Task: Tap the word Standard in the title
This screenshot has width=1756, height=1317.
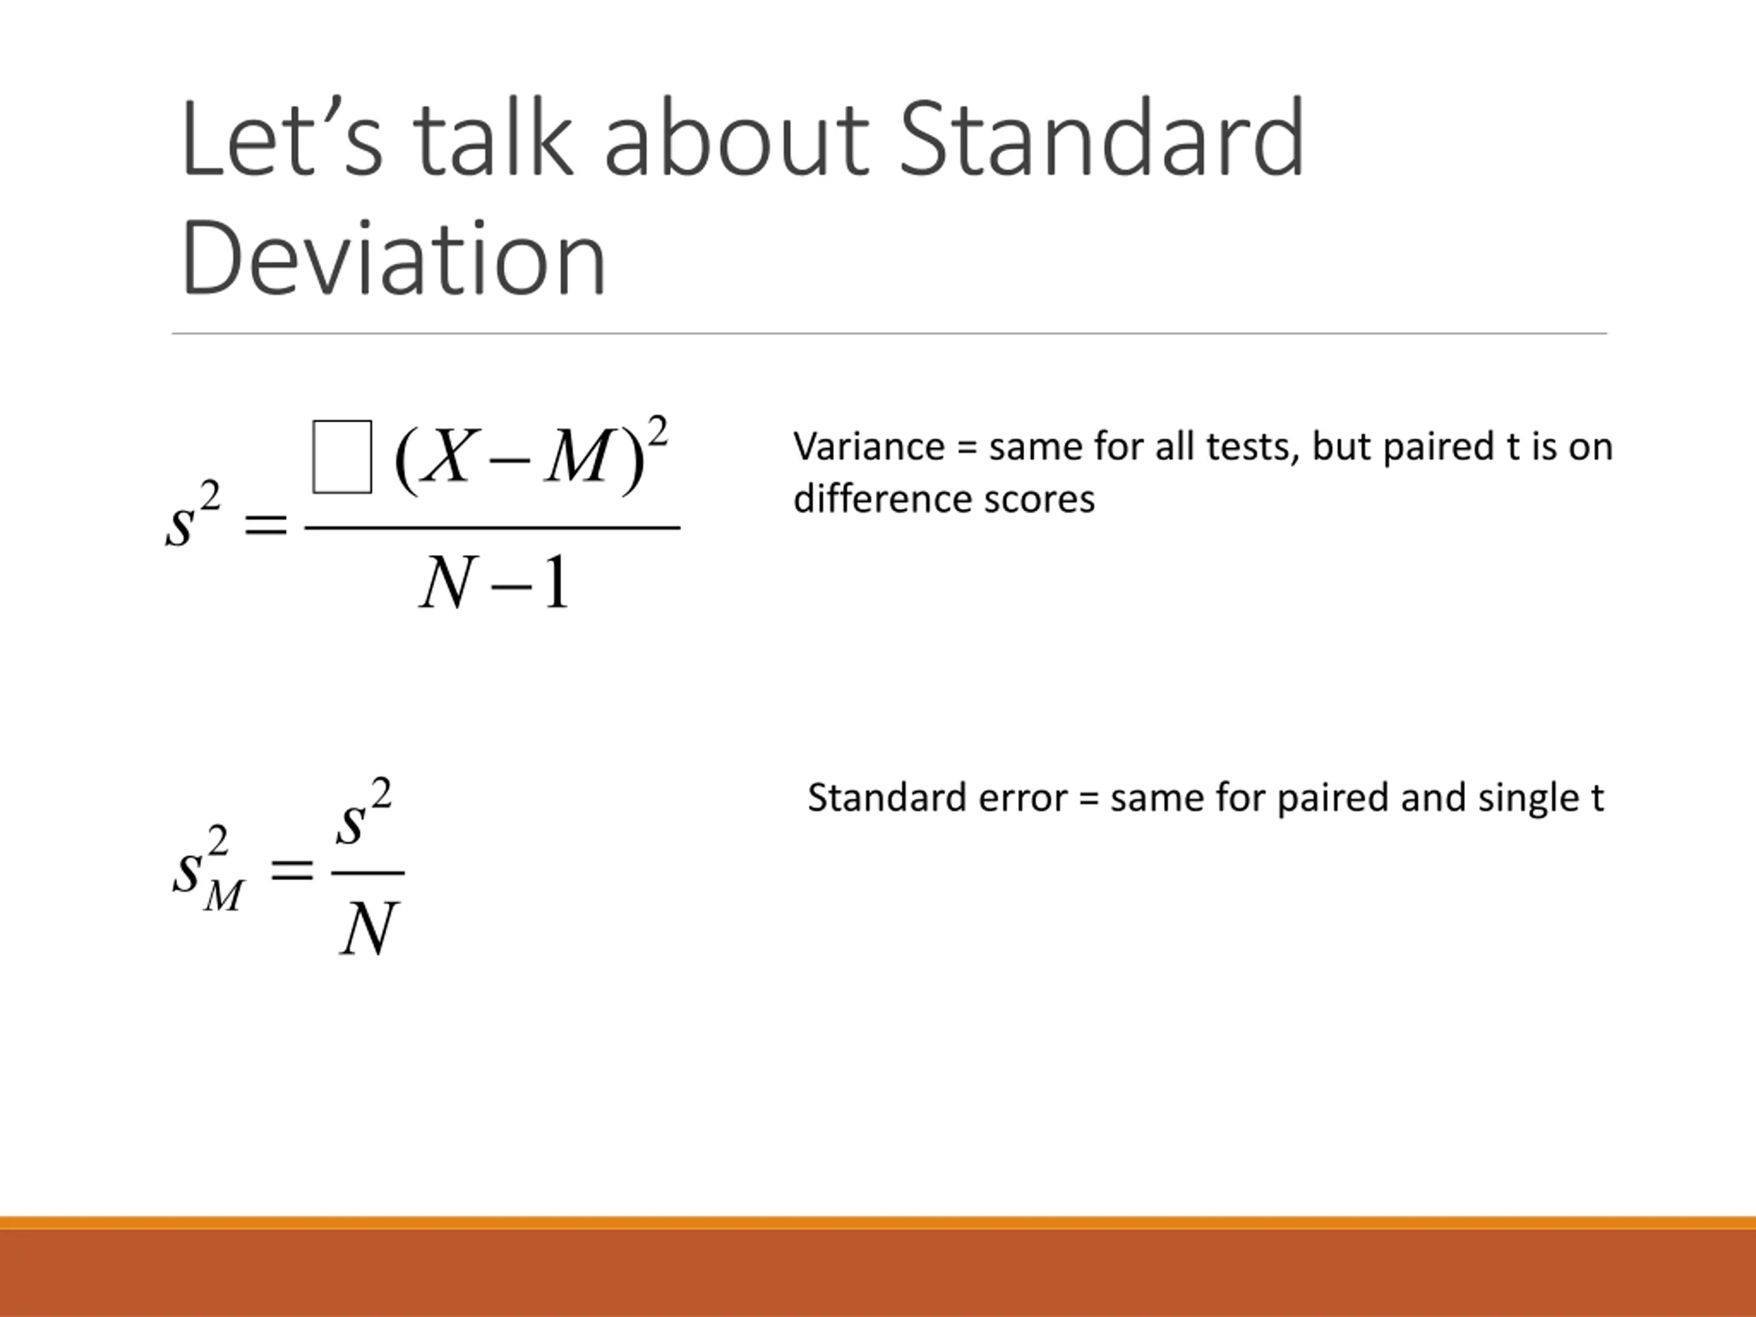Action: (1102, 137)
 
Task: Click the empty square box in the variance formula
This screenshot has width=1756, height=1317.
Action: (342, 456)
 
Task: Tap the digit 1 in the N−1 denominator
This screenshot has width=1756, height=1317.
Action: (557, 582)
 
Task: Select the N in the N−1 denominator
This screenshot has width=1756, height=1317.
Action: (449, 582)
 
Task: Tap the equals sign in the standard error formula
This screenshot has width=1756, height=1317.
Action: (292, 873)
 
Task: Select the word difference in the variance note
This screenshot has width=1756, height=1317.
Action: (883, 499)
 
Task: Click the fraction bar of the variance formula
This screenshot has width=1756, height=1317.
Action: (493, 527)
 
